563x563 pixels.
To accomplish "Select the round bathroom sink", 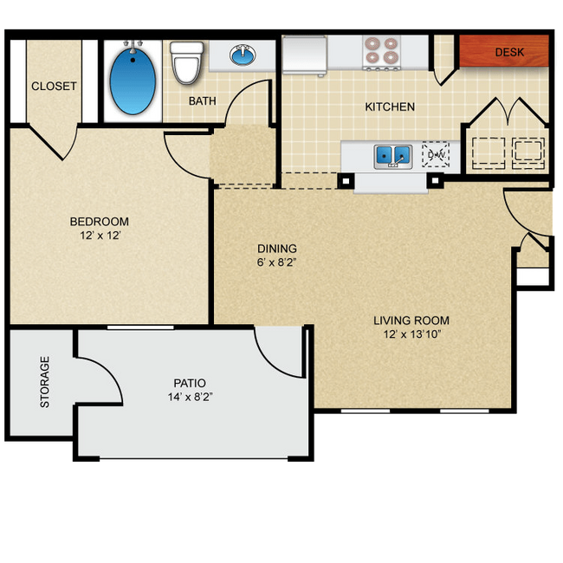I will pos(244,56).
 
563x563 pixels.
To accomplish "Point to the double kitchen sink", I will pos(392,156).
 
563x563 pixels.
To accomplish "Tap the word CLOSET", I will pos(54,87).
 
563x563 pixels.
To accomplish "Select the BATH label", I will pos(203,101).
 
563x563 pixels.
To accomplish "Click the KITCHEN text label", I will pos(389,107).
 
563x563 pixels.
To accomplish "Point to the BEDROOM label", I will pos(100,222).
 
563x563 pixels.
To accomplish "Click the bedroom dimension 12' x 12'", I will pos(100,236).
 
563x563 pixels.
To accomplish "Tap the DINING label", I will pos(277,248).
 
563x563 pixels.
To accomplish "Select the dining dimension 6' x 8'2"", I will pos(277,262).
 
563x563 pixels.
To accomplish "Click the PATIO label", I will pos(190,383).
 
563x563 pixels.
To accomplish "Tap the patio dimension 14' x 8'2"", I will pos(190,397).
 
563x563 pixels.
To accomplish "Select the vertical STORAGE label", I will pos(44,382).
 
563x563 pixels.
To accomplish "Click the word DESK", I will pos(508,53).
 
